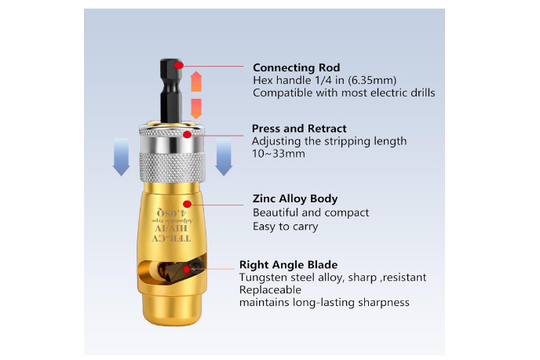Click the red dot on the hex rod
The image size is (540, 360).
(181, 64)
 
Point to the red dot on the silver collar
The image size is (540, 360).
(188, 136)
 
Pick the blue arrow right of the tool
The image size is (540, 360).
(224, 155)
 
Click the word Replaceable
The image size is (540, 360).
(266, 290)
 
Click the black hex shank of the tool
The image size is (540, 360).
(172, 90)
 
